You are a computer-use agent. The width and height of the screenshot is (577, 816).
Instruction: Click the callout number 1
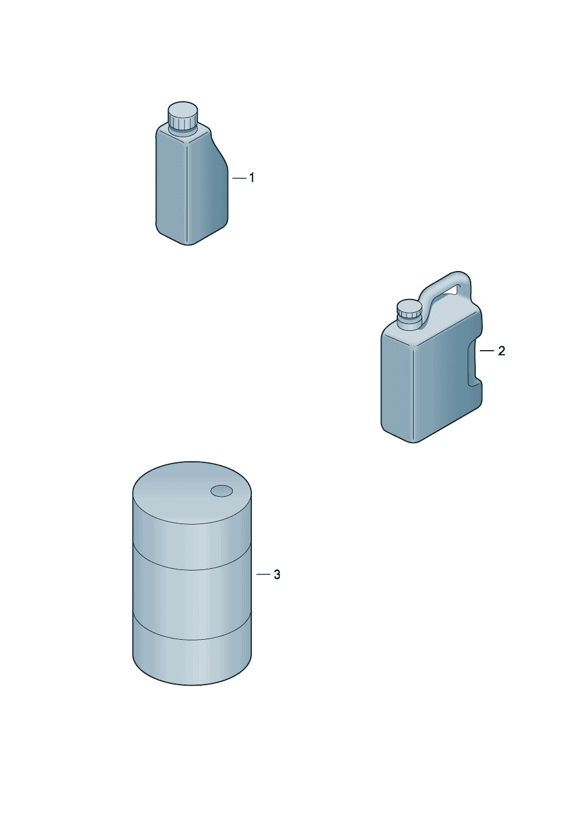click(x=251, y=178)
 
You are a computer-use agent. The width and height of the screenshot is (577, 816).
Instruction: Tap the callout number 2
click(x=501, y=351)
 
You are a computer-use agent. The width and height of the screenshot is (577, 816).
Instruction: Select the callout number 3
click(x=277, y=575)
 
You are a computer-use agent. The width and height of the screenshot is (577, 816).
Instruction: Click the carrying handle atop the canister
click(x=446, y=288)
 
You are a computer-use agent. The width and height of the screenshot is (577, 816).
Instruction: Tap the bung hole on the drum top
click(x=222, y=491)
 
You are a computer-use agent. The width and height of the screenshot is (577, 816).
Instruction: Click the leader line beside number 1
click(x=239, y=178)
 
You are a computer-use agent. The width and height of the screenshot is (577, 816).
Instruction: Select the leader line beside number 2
click(x=487, y=351)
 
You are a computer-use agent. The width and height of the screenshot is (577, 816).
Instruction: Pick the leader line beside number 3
click(x=263, y=575)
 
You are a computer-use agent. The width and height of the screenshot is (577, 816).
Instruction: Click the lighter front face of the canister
click(x=398, y=383)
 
